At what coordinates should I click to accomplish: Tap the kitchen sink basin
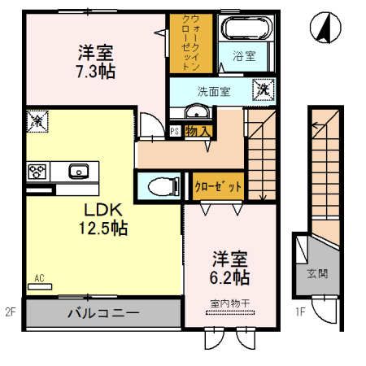78,171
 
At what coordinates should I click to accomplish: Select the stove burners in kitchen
37,171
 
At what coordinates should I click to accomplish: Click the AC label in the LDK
39,278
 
